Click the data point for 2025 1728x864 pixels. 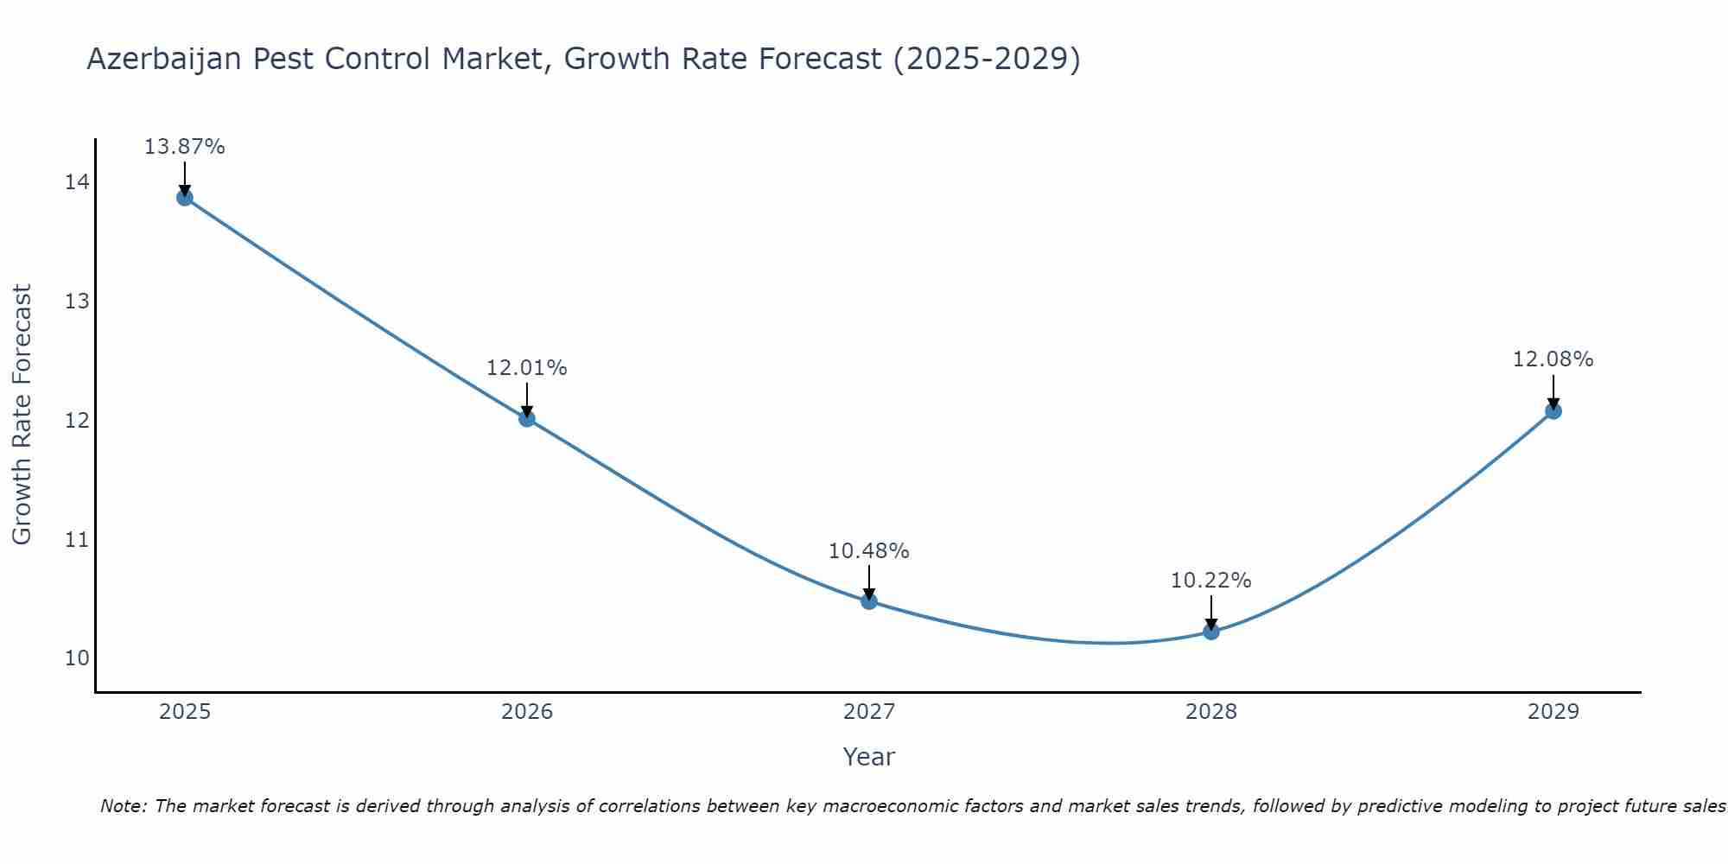tap(185, 198)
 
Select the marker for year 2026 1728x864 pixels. tap(527, 419)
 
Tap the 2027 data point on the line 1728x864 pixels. tap(869, 601)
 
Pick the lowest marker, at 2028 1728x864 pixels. tap(1211, 632)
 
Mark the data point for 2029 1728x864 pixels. tap(1553, 411)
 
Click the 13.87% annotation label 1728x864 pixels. tap(184, 147)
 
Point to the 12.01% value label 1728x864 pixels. tap(526, 368)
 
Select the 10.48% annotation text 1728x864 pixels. tap(868, 551)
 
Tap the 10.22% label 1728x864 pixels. tap(1210, 581)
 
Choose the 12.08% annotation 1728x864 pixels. tap(1553, 359)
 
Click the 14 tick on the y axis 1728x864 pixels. tap(77, 182)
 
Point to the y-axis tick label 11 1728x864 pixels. tap(77, 540)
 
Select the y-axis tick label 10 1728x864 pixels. tap(77, 658)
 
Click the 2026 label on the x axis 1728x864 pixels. tap(527, 712)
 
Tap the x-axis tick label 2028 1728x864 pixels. tap(1211, 712)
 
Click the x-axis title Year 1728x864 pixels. tap(868, 757)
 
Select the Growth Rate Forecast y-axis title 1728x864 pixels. tap(22, 415)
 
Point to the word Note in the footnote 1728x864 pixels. tap(124, 806)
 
